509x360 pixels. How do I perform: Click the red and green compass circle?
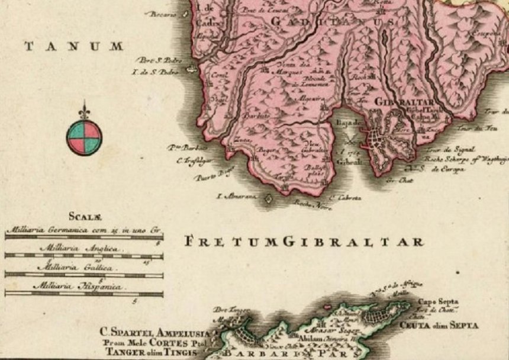tap(83, 137)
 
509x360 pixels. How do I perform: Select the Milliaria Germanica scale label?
tap(83, 229)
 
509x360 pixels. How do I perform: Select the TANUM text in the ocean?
tap(74, 46)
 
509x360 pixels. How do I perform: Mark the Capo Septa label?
tap(439, 301)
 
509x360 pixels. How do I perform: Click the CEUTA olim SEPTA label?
tap(439, 325)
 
